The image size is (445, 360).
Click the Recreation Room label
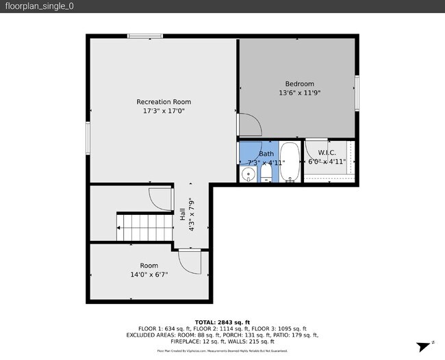pyautogui.click(x=163, y=102)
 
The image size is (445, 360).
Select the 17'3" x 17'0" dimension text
pyautogui.click(x=163, y=110)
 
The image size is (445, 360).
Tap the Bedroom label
pyautogui.click(x=299, y=84)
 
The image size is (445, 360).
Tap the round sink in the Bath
pyautogui.click(x=248, y=175)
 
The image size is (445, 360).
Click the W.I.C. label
pyautogui.click(x=327, y=153)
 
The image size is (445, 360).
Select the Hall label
pyautogui.click(x=181, y=214)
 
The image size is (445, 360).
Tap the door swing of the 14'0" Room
pyautogui.click(x=189, y=261)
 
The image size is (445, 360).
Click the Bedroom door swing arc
pyautogui.click(x=249, y=126)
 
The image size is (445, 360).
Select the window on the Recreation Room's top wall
pyautogui.click(x=145, y=36)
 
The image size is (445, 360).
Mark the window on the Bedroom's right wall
pyautogui.click(x=357, y=92)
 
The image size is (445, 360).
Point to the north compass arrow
pyautogui.click(x=422, y=346)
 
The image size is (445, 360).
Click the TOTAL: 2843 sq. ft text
pyautogui.click(x=222, y=322)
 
